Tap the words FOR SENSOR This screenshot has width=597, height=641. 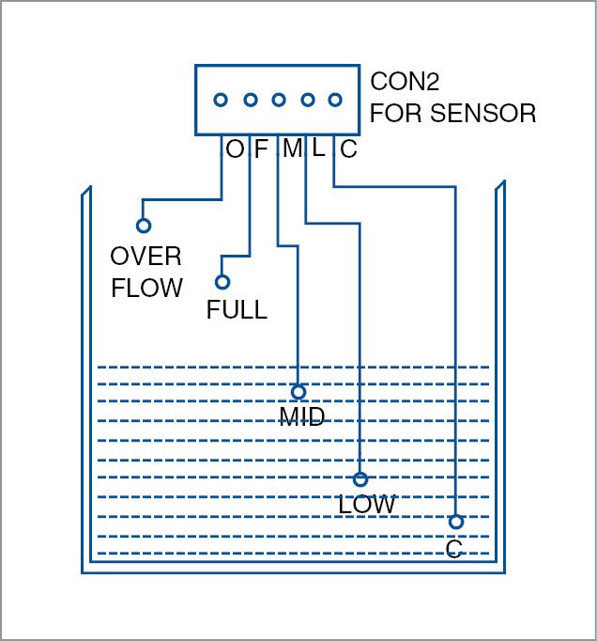[x=453, y=115]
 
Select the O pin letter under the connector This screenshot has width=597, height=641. [x=235, y=149]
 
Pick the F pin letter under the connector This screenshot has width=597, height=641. [x=261, y=149]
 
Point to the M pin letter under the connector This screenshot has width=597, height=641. [x=293, y=149]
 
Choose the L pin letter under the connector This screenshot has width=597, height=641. [x=318, y=149]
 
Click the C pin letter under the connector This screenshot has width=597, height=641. [x=348, y=149]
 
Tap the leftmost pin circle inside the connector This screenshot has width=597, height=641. [x=221, y=100]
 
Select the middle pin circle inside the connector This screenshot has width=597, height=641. [x=279, y=100]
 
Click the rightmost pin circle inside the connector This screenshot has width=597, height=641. [x=335, y=100]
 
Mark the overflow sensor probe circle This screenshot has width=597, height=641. [x=144, y=226]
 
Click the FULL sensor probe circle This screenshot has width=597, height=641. [x=222, y=282]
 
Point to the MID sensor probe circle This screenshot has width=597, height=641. [x=298, y=392]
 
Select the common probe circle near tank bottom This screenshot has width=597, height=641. [x=455, y=522]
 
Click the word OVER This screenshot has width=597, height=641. [x=145, y=257]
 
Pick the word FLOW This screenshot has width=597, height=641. [x=146, y=288]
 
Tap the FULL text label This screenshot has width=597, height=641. [x=237, y=309]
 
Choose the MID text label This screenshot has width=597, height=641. [x=302, y=416]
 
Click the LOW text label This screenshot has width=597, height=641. [x=367, y=505]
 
